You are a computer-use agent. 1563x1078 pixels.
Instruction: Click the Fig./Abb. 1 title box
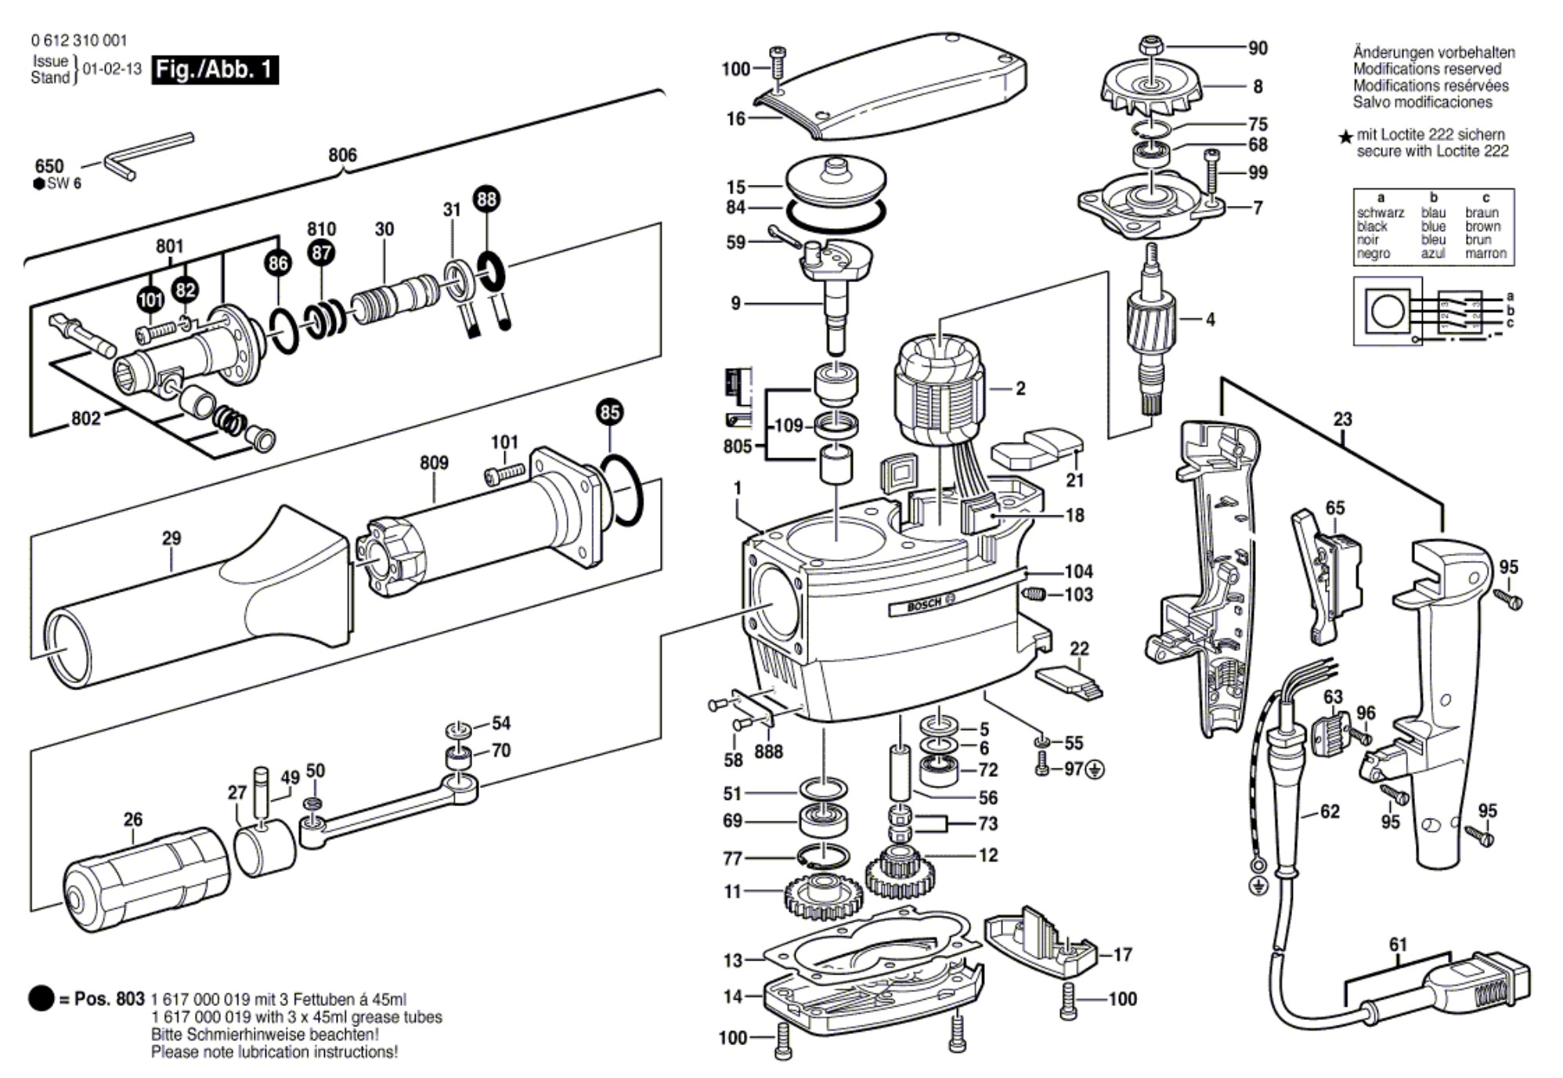coord(215,70)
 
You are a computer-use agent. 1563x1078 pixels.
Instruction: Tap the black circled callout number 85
coord(609,412)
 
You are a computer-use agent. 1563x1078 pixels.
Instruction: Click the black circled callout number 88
coord(486,199)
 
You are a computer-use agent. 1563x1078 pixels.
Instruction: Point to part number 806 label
coord(342,155)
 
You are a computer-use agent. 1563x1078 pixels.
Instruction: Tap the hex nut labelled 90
coord(1151,46)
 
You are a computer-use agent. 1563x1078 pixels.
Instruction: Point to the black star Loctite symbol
coord(1345,138)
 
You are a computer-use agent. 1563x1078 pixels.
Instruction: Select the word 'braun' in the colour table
coord(1482,213)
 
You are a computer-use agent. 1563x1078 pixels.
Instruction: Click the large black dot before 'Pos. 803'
coord(41,999)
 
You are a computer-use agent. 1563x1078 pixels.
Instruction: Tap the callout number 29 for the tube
coord(171,538)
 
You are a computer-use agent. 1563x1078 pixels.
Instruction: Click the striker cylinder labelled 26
coord(145,881)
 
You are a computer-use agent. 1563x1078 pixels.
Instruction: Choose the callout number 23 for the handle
coord(1343,419)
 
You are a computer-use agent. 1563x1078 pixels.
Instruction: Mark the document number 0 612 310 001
coord(79,40)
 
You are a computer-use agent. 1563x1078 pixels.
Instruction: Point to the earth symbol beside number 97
coord(1096,770)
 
